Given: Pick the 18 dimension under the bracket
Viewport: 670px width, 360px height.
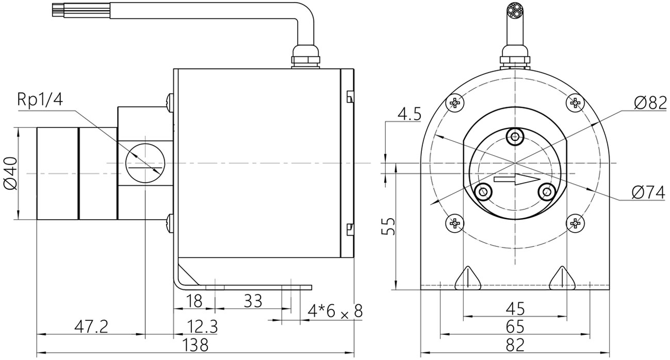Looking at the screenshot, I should (193, 301).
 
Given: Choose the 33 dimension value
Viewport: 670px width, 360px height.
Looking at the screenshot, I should (252, 301).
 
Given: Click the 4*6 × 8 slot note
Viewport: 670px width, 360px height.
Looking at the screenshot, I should (335, 311).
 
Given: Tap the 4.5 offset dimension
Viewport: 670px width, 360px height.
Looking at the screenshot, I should (410, 113).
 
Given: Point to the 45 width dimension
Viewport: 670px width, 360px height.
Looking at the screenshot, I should (515, 308).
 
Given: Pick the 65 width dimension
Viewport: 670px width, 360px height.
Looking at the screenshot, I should (515, 326).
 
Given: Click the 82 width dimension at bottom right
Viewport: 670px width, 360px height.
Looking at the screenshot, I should (515, 345).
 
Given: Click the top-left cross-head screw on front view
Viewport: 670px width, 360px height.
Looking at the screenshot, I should (455, 103).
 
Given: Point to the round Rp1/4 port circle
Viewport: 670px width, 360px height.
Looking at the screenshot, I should (146, 163).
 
